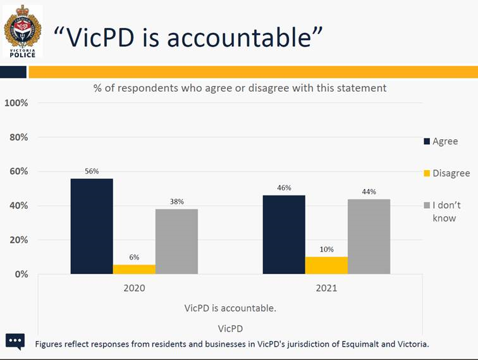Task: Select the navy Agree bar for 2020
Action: point(92,226)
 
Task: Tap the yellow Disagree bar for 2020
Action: point(134,269)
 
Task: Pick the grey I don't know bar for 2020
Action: point(176,241)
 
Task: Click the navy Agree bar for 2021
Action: point(284,234)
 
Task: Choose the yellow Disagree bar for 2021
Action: point(326,265)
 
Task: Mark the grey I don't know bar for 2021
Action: point(369,236)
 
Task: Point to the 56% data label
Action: point(92,171)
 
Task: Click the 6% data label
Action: point(134,257)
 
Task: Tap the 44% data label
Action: point(369,192)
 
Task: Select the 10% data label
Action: point(326,249)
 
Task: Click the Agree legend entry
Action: point(441,141)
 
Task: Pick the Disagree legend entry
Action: point(446,173)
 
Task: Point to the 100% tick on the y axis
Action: point(16,102)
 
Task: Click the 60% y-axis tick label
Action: point(18,171)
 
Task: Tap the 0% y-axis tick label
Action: point(20,274)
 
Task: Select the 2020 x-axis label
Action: point(134,288)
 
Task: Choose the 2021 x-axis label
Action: point(326,288)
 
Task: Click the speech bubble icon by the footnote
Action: point(15,341)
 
